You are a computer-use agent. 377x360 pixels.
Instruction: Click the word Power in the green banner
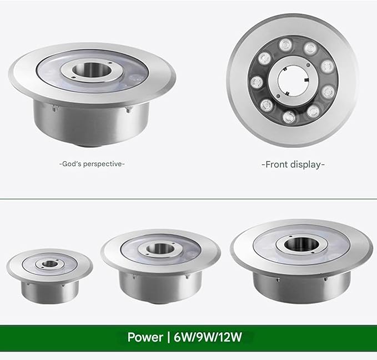click(145, 337)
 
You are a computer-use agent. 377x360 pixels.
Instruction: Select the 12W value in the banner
click(229, 337)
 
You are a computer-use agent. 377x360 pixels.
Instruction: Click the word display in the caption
click(305, 165)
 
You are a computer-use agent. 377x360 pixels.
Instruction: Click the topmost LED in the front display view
click(285, 44)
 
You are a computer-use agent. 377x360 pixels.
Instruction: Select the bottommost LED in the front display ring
click(289, 117)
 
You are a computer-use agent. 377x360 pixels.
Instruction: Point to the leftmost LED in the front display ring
click(257, 82)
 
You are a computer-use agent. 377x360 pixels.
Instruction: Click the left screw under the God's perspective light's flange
click(54, 109)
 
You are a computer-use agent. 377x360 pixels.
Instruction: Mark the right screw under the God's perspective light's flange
click(128, 110)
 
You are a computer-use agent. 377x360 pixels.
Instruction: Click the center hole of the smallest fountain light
click(50, 264)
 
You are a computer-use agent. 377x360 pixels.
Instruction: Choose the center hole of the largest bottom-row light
click(301, 244)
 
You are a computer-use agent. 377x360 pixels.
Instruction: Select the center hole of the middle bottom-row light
click(160, 248)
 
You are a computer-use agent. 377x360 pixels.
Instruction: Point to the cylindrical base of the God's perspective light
click(92, 123)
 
